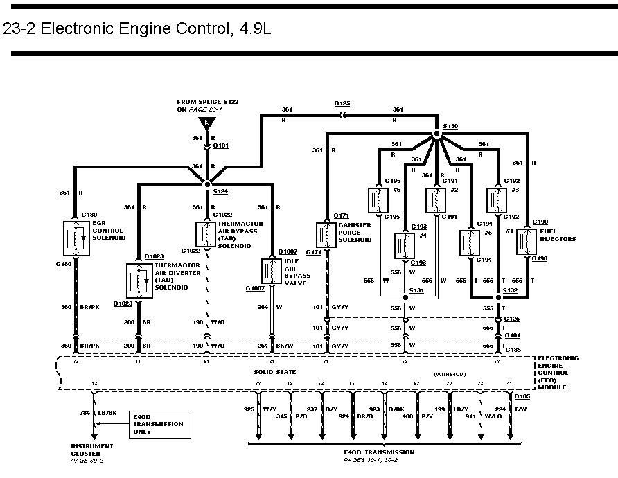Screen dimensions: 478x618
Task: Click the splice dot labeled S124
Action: point(206,184)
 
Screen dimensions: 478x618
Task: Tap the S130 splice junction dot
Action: point(436,134)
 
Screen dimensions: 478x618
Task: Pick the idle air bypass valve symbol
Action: point(270,270)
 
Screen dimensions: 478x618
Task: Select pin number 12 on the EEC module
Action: point(94,383)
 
